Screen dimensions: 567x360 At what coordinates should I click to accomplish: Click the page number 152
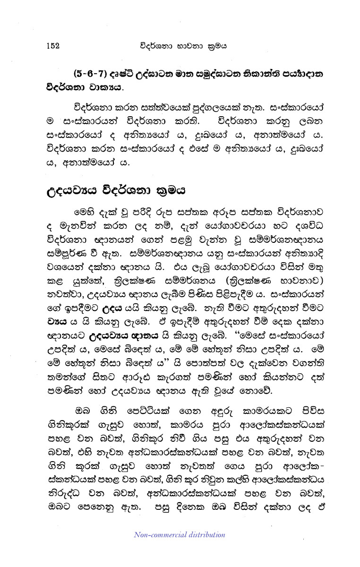coord(52,46)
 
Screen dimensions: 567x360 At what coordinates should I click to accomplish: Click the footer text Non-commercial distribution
coord(180,535)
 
